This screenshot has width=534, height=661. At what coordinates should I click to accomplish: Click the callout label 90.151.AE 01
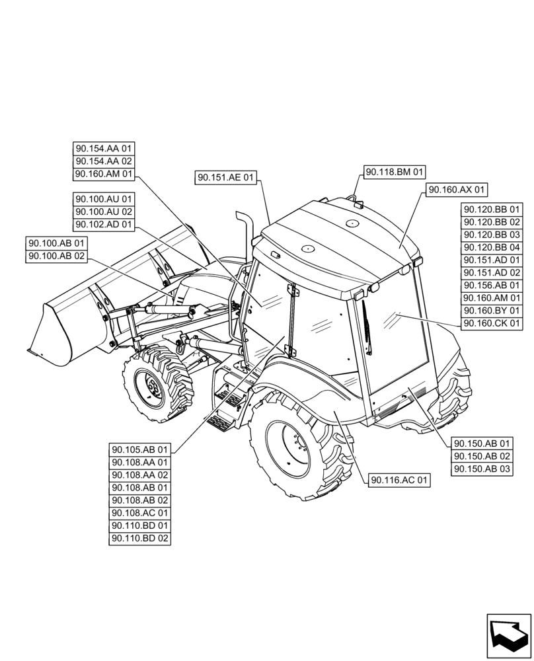point(225,177)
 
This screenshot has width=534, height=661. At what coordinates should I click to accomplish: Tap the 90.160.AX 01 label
point(457,190)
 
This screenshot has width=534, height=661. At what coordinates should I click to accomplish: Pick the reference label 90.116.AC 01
point(400,481)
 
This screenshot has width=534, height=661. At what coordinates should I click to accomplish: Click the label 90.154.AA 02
point(104,161)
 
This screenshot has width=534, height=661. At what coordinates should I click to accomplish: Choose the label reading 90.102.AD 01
point(104,225)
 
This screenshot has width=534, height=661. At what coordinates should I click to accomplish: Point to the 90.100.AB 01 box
point(57,244)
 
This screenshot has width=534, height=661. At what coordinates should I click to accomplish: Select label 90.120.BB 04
point(492,247)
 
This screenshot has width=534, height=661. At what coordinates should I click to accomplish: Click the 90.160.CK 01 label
point(492,323)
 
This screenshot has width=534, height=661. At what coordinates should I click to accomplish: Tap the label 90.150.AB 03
point(482,469)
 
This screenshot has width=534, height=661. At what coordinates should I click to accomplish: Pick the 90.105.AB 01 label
point(140,450)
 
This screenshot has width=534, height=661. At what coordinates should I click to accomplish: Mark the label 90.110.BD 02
point(140,539)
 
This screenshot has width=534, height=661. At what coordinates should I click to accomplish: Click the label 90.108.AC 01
point(140,513)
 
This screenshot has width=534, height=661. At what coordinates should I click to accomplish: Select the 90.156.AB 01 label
point(492,286)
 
